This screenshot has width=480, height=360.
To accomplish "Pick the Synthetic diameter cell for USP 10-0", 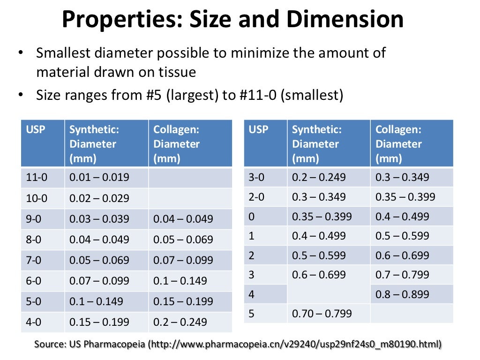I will point(99,198).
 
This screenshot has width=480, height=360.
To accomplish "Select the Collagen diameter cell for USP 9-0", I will point(183,219).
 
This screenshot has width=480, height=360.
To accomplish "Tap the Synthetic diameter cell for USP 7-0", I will point(99,260).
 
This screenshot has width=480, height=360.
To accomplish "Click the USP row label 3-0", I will point(257,178).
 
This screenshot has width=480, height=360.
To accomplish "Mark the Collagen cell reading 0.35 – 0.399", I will point(405,197).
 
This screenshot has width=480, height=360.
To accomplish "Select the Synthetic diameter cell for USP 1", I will point(319,236).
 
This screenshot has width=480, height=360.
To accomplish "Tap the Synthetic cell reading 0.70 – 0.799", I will point(322,314).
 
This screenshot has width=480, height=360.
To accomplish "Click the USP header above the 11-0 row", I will point(36,129).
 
